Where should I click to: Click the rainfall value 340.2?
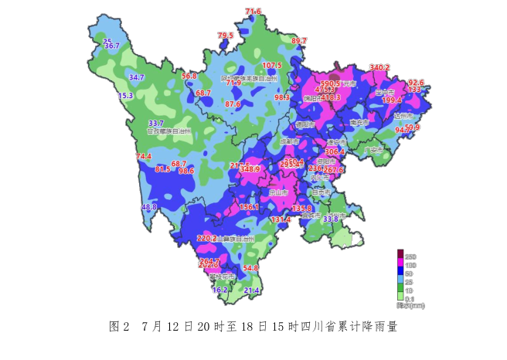379,68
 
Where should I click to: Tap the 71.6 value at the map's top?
253,12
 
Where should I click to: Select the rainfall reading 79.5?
225,36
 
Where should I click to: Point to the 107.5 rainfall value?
272,66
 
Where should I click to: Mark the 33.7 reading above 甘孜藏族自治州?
156,124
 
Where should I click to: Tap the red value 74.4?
145,157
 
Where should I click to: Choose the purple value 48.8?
149,207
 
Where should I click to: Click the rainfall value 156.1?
249,208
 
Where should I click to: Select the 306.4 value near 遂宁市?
335,152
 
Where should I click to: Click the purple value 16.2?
220,290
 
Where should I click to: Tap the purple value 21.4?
251,290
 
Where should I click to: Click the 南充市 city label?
359,122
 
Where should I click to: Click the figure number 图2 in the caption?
118,327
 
